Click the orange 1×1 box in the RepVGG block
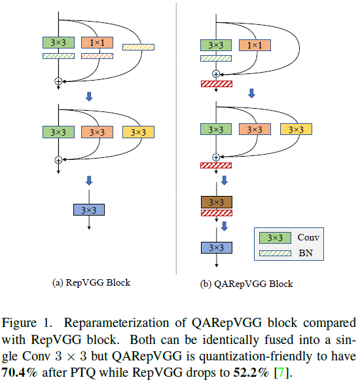98,43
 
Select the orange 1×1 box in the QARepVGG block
255,45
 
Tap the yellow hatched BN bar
138,47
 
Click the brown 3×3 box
216,201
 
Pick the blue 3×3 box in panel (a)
88,210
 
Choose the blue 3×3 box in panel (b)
216,248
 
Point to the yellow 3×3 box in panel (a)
138,132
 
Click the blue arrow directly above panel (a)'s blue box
89,180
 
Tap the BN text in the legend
305,252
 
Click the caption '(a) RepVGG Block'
91,282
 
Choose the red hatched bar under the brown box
216,213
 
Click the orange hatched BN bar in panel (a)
98,56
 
